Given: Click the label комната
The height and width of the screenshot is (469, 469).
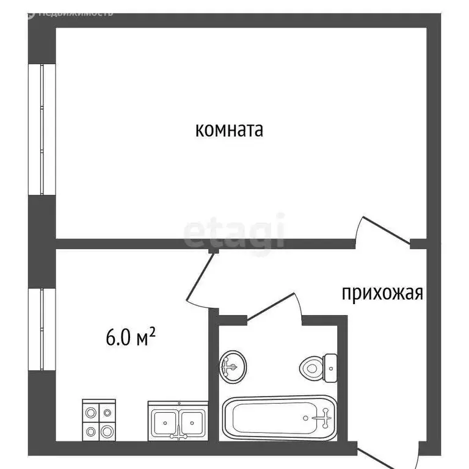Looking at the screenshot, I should click(x=229, y=129).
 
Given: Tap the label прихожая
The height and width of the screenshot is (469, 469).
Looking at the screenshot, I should click(x=382, y=294).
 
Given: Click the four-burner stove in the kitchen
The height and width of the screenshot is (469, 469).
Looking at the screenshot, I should click(x=99, y=419).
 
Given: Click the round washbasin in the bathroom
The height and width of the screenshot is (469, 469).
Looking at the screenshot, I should click(x=233, y=366).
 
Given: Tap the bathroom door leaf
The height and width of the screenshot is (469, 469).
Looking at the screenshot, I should click(x=271, y=305).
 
